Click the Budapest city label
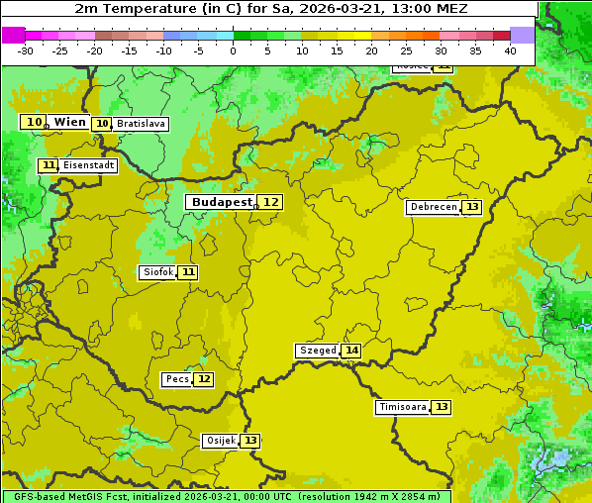tap(221, 202)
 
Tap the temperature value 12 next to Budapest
tap(270, 202)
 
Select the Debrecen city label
tap(433, 207)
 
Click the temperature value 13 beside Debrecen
tap(472, 207)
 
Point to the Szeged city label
tap(317, 351)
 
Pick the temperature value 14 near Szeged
tap(351, 351)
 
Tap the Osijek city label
tap(220, 441)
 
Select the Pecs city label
tap(177, 379)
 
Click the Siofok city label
tap(157, 272)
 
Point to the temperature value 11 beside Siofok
tap(188, 272)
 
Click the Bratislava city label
tap(140, 124)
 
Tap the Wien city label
tap(69, 122)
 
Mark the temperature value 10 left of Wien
tap(35, 122)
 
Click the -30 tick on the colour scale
tap(26, 50)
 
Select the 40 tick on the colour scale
tap(510, 50)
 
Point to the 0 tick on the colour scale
tap(234, 50)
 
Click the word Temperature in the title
tap(144, 8)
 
